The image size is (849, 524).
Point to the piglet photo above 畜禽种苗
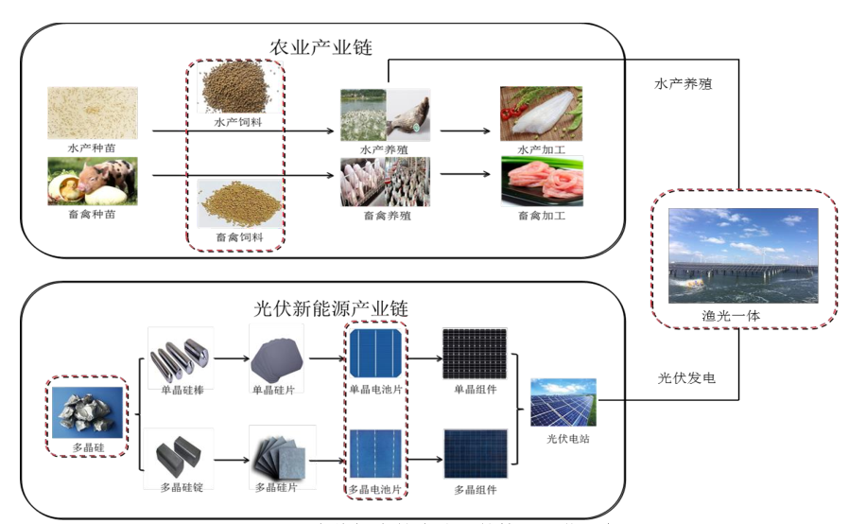pos(93,182)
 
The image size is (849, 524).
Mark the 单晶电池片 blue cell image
pos(375,354)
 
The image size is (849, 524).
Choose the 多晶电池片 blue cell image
pos(375,454)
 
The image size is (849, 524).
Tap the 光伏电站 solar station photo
pos(563,403)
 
